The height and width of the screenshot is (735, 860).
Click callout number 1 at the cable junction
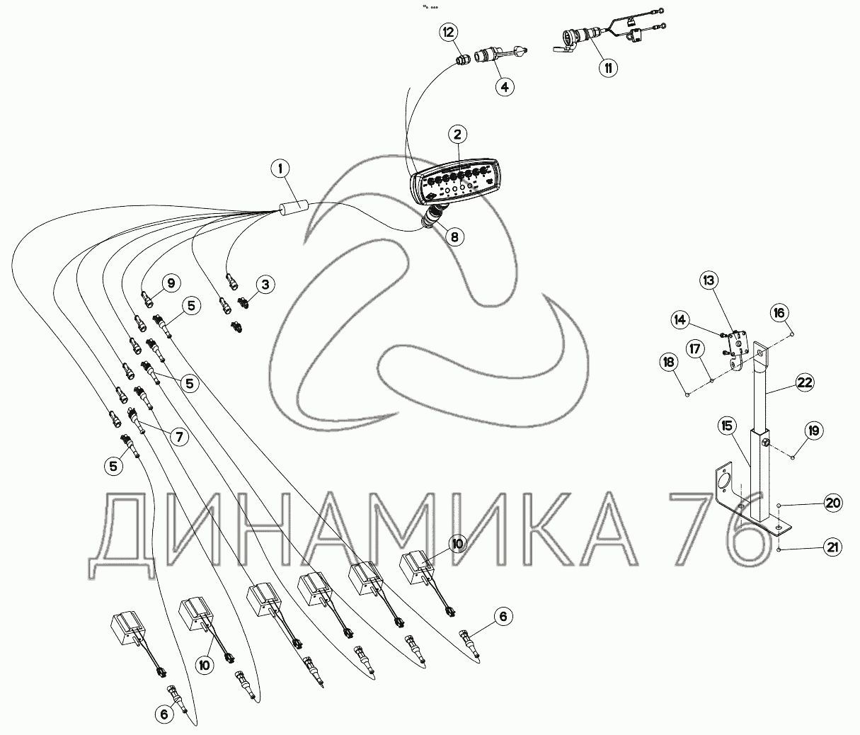(280, 169)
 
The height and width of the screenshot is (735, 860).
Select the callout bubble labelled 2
(458, 135)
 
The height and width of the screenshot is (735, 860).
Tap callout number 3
(265, 285)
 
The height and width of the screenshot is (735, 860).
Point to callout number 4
(505, 87)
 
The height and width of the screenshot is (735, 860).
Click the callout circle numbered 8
(454, 237)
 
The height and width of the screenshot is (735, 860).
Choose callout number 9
(171, 283)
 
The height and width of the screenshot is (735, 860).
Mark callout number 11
(608, 68)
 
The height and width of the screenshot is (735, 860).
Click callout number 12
(449, 32)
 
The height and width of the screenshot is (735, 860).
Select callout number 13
(709, 280)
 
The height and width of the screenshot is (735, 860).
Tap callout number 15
(727, 426)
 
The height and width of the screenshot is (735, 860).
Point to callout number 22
(804, 382)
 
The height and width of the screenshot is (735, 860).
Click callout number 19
(814, 431)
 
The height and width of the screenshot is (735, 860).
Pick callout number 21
(832, 547)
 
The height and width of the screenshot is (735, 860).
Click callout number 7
(179, 437)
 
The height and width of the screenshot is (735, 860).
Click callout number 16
(779, 312)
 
